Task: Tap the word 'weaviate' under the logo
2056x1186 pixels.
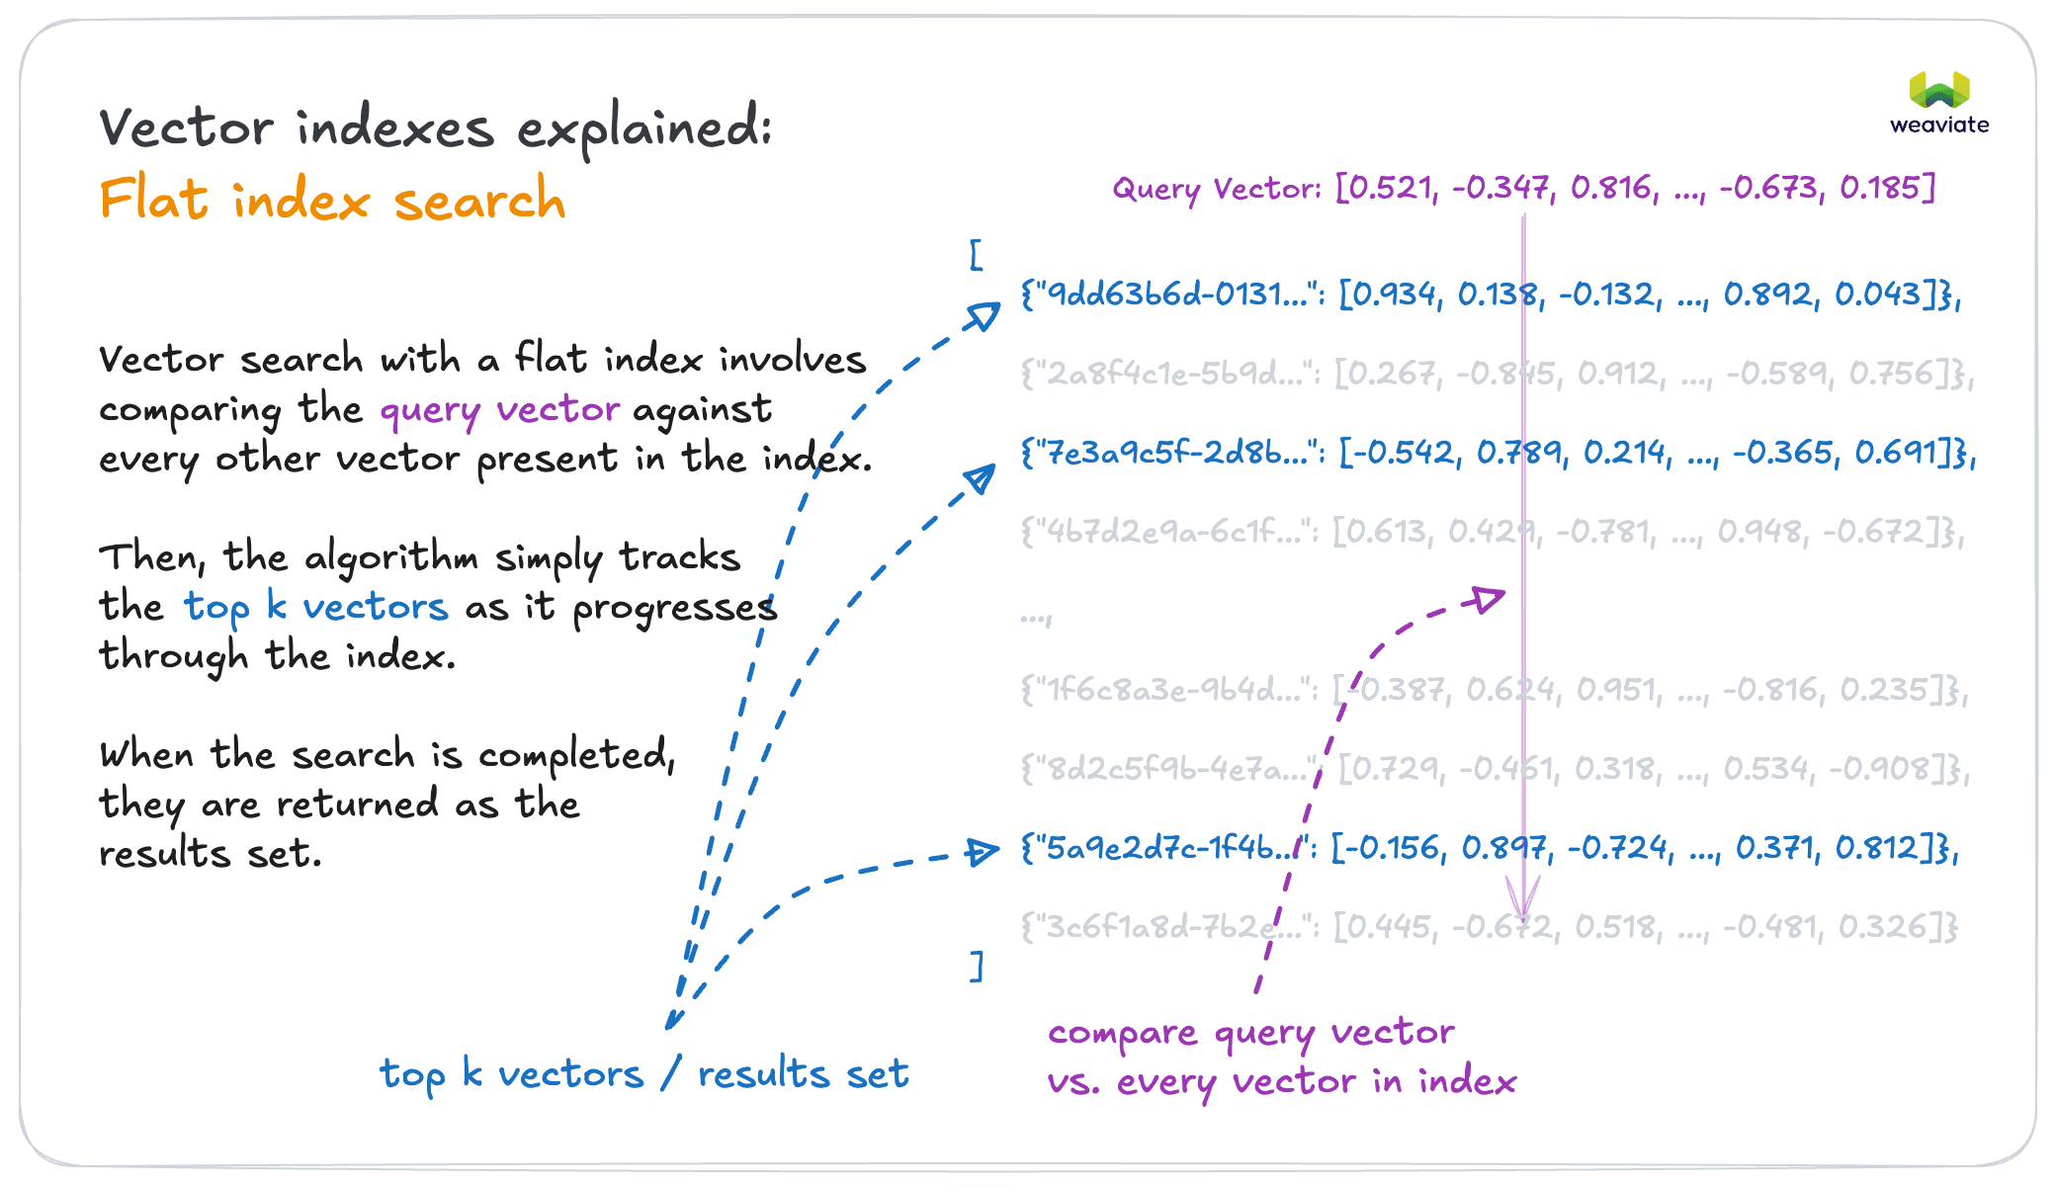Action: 1939,126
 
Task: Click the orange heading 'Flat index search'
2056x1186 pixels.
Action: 332,200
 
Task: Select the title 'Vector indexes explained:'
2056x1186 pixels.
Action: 435,128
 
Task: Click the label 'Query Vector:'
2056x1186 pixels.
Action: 1217,188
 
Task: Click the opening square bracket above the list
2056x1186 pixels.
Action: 977,255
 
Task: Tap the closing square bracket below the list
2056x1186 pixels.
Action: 977,966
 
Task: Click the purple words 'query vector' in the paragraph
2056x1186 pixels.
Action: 499,409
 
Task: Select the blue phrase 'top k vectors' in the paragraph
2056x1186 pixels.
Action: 315,607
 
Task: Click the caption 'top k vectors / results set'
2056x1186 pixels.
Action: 643,1074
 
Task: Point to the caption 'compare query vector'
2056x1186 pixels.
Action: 1250,1033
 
